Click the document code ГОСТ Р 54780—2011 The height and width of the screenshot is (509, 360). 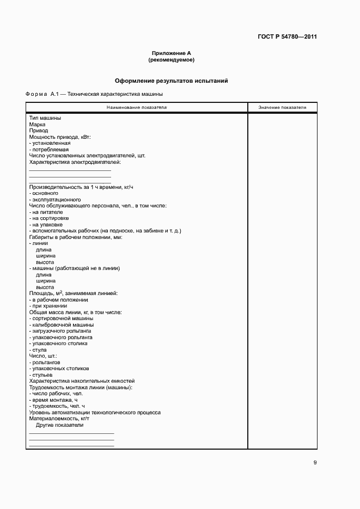pos(288,37)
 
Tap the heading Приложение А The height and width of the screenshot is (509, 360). pos(172,53)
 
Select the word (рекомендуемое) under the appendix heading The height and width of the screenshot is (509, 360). pos(172,59)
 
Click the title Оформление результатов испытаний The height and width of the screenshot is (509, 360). pos(172,81)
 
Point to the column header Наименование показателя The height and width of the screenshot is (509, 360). pos(137,107)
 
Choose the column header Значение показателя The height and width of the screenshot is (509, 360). pos(282,107)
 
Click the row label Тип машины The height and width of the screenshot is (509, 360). pos(45,118)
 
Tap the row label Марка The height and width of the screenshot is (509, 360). pos(37,125)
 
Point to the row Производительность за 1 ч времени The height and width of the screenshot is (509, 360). pos(81,187)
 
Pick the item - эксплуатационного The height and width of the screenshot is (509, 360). pos(55,199)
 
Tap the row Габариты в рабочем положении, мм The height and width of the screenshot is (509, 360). pos(76,237)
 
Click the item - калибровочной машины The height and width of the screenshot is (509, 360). pos(60,324)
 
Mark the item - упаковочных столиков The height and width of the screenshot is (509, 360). pos(59,369)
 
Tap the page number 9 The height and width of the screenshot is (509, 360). pos(315,463)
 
